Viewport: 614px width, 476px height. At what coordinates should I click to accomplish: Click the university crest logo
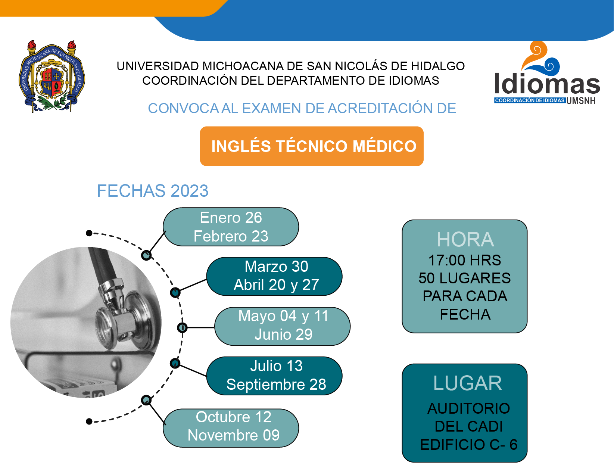tap(52, 76)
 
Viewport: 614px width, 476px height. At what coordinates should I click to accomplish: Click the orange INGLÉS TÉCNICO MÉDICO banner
tap(311, 146)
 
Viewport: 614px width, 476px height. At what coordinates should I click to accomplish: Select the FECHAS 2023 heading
tap(153, 191)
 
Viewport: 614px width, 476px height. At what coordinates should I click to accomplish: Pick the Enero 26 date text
tap(231, 218)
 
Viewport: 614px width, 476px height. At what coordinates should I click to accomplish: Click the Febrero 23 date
tap(231, 236)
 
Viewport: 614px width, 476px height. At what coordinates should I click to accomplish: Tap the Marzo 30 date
tap(276, 267)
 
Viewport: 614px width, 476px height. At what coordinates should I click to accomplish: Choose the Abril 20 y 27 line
tap(276, 285)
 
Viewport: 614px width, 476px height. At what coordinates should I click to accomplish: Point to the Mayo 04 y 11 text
tap(283, 316)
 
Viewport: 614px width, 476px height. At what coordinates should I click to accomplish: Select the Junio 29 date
tap(283, 335)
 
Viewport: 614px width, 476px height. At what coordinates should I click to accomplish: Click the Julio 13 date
tap(276, 366)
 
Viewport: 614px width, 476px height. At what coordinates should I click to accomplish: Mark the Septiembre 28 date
tap(276, 385)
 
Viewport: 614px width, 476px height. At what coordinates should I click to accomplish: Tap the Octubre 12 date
tap(234, 417)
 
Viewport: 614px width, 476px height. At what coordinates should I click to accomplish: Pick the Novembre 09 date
tap(234, 435)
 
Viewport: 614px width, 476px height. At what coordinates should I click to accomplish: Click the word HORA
tap(465, 240)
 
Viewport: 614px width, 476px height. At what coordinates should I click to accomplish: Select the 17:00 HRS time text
tap(465, 260)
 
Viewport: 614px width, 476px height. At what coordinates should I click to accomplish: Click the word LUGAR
tap(468, 383)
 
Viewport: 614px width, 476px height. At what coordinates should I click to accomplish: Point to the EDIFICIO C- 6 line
tap(469, 445)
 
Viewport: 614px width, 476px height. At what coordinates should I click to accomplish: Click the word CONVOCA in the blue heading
tap(183, 108)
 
